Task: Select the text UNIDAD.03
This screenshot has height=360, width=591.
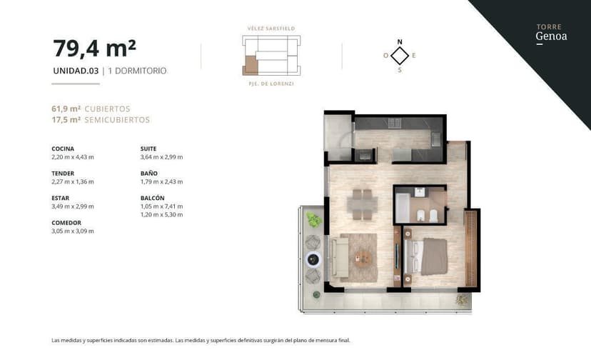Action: click(76, 71)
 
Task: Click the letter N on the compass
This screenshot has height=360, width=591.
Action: click(400, 41)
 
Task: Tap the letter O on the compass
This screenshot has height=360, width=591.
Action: click(385, 55)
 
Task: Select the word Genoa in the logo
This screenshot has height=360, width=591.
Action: click(551, 36)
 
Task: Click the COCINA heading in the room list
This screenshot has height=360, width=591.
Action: click(63, 149)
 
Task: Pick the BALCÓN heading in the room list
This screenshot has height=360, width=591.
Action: click(153, 198)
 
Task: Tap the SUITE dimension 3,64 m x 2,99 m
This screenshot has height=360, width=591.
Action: click(161, 157)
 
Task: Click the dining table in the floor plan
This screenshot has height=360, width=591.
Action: click(363, 204)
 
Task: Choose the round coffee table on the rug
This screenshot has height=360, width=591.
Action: click(364, 258)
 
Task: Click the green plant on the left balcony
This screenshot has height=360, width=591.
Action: click(313, 220)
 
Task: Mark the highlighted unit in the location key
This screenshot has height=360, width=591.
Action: click(250, 64)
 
